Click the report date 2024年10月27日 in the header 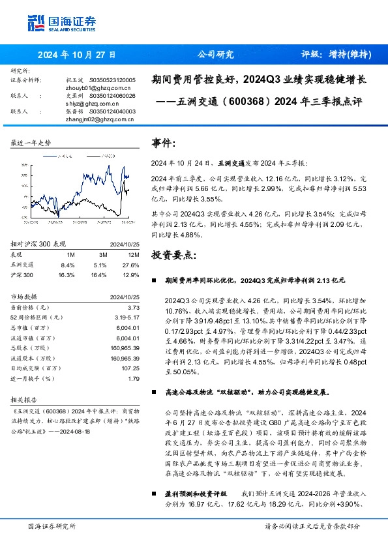[x=78, y=55]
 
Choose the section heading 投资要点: [x=172, y=254]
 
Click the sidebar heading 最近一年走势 [x=31, y=142]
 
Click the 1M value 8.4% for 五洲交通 [x=68, y=265]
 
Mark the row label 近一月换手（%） [x=36, y=378]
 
